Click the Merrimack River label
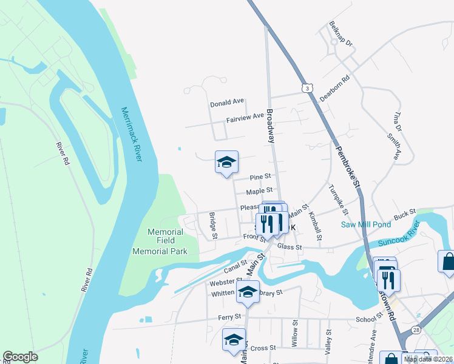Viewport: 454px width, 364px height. (x=131, y=135)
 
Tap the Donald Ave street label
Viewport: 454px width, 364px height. (x=227, y=103)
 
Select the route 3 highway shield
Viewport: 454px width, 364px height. (x=309, y=89)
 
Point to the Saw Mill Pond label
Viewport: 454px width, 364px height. (x=365, y=224)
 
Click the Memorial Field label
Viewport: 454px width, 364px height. (x=166, y=237)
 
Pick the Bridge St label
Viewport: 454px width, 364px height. (x=213, y=223)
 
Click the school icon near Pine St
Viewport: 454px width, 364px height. (x=226, y=163)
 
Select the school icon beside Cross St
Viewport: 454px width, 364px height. (x=234, y=342)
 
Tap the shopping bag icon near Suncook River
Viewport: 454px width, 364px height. (x=447, y=261)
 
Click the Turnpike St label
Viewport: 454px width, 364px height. (x=336, y=200)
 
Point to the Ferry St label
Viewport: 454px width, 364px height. (x=230, y=317)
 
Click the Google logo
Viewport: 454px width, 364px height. (x=20, y=357)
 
